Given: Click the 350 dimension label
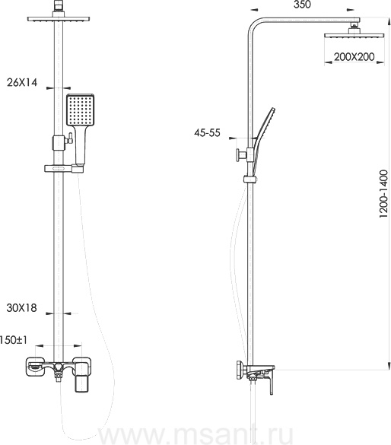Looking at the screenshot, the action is click(x=302, y=5).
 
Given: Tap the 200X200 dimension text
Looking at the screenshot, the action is click(x=354, y=57).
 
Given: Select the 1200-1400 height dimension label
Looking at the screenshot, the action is click(x=383, y=194).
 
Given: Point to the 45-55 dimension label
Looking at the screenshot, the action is click(x=207, y=132).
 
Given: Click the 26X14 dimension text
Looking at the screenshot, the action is click(x=22, y=83).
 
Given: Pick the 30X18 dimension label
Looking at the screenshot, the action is click(x=21, y=308).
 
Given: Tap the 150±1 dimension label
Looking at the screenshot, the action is click(x=14, y=340).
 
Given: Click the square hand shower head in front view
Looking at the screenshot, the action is click(x=80, y=110).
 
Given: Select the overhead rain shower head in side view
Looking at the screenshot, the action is click(x=354, y=36).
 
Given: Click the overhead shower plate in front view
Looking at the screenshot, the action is click(x=59, y=19).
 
